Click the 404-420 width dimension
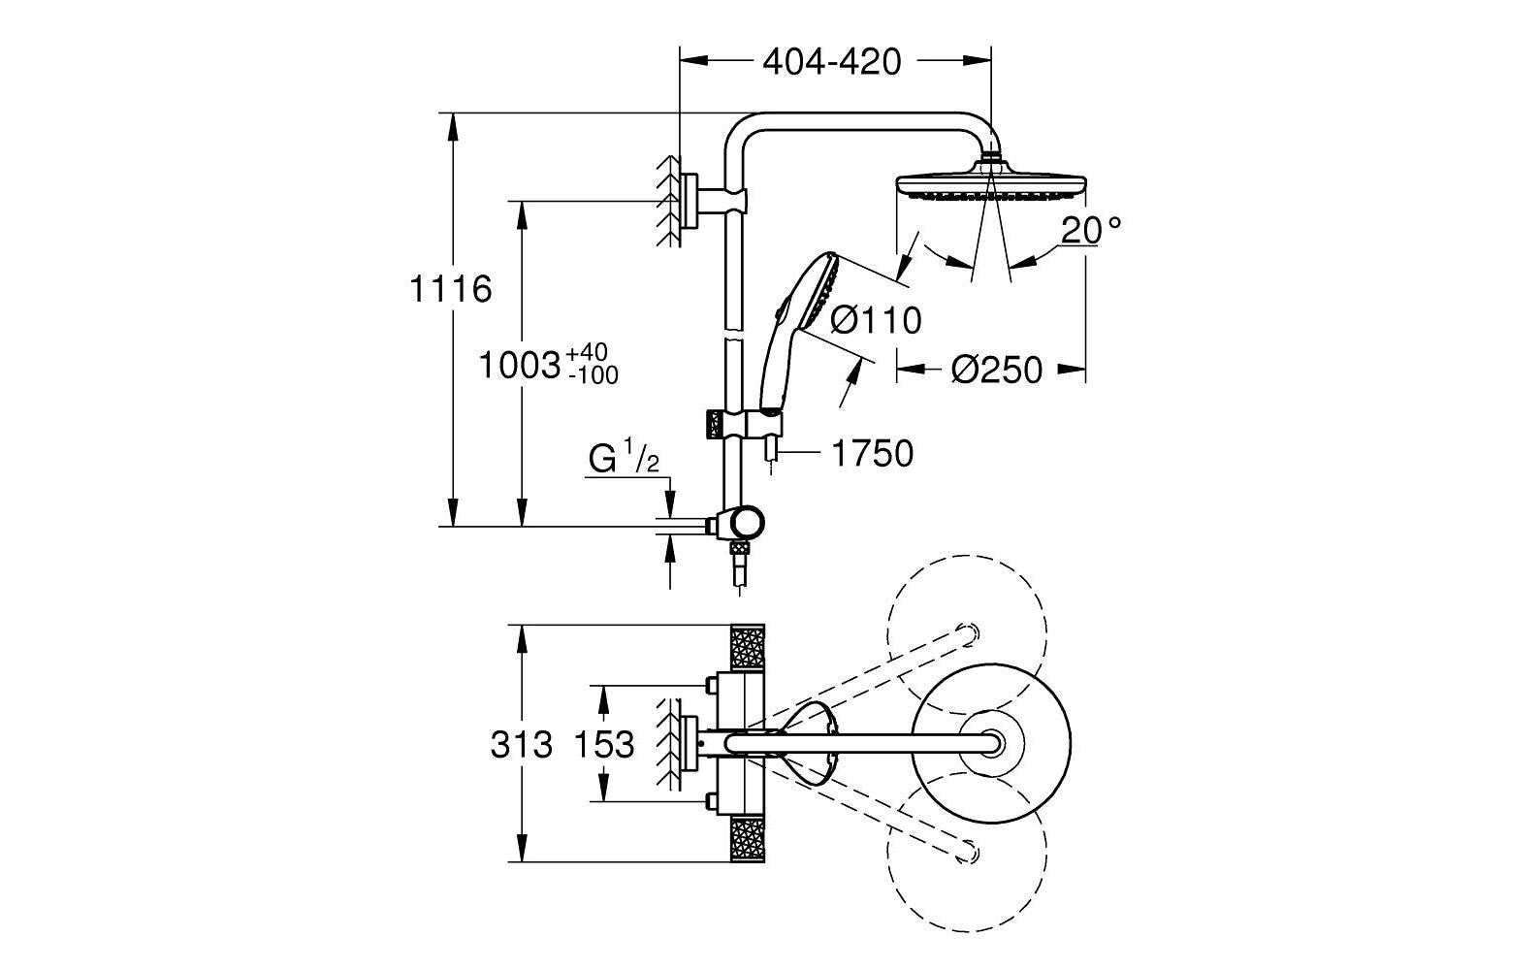click(832, 62)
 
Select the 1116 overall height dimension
click(450, 288)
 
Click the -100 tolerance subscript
click(593, 376)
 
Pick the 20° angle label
click(1090, 230)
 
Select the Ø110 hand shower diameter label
click(876, 319)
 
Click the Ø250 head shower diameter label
click(996, 370)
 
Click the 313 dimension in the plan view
click(521, 745)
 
